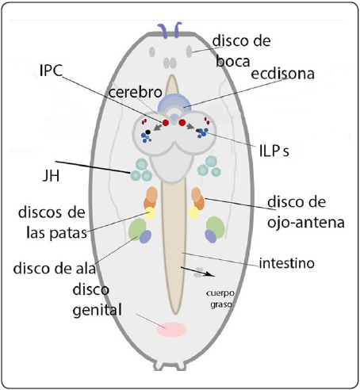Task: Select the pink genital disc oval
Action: (171, 330)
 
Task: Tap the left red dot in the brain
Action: (167, 122)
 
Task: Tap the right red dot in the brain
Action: (183, 122)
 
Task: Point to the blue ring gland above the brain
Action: (175, 105)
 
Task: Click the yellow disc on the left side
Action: (149, 213)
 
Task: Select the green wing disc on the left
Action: (137, 229)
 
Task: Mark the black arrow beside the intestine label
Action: (200, 273)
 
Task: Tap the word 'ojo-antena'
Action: (305, 223)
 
